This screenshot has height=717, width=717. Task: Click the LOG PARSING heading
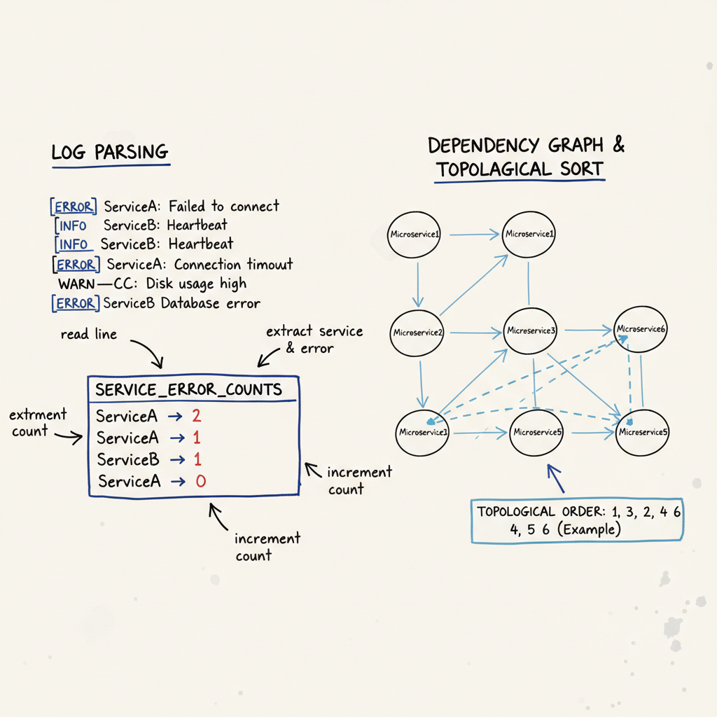click(110, 152)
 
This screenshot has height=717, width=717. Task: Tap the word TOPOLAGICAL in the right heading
click(494, 170)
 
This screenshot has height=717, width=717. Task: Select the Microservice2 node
click(418, 332)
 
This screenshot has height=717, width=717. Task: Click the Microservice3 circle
click(530, 330)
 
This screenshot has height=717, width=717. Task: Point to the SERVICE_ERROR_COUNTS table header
click(188, 390)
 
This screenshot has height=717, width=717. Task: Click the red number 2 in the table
click(196, 416)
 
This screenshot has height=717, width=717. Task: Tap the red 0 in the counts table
click(200, 481)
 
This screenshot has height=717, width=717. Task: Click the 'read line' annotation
click(88, 334)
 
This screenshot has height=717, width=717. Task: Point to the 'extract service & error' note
click(314, 339)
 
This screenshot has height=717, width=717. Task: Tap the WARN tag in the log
click(76, 284)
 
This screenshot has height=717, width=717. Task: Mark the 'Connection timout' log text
click(233, 265)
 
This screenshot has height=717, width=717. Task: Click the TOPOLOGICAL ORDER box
click(577, 520)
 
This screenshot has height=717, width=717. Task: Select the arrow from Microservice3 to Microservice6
click(587, 329)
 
